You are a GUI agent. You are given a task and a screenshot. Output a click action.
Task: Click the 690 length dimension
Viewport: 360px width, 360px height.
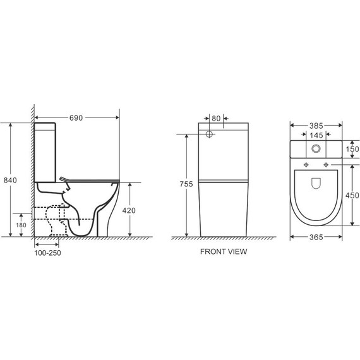[x=76, y=117]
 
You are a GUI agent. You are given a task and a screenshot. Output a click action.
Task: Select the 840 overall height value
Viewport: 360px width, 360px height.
[x=10, y=180]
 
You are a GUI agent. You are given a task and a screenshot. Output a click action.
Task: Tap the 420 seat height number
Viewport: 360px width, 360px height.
[x=129, y=210]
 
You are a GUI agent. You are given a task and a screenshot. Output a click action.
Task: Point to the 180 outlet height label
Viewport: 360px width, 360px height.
[x=21, y=225]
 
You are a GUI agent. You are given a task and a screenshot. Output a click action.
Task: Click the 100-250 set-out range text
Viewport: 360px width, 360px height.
[x=47, y=253]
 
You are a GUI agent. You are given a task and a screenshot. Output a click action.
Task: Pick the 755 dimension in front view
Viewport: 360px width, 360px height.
[x=186, y=184]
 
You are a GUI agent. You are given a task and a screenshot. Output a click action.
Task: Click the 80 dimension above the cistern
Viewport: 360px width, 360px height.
[x=216, y=119]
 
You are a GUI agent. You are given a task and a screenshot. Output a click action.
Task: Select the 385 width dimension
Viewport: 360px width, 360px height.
[x=316, y=126]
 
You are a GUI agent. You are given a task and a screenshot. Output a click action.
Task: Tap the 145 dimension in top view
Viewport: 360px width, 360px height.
[x=316, y=135]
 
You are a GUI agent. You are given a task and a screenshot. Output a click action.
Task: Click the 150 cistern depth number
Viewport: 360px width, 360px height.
[x=352, y=149]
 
